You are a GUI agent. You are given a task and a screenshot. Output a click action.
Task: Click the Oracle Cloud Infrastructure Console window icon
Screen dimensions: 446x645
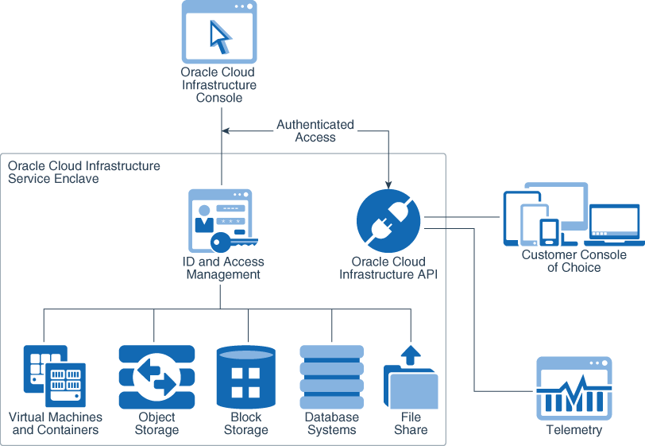coord(218,32)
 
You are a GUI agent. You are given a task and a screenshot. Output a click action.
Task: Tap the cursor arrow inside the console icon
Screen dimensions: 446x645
coord(219,37)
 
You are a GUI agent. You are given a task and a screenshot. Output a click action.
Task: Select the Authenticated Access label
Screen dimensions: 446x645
coord(315,131)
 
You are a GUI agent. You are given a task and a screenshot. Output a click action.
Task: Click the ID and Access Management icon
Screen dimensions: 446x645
coord(221,221)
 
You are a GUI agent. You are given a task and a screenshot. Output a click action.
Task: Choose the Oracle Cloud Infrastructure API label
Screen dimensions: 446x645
coord(388,268)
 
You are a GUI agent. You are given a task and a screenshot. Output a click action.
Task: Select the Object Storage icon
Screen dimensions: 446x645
coord(156,377)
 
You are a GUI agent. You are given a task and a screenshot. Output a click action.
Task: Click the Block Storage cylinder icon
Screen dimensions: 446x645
coord(245,377)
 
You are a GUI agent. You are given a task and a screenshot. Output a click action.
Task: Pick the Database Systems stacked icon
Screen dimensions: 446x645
coord(331,377)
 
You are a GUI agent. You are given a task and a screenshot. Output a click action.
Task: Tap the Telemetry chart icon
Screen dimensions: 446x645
coord(574,388)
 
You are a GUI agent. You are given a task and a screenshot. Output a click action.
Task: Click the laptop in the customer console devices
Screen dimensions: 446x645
coord(614,226)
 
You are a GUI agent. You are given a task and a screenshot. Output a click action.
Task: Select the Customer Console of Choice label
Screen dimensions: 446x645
coord(574,262)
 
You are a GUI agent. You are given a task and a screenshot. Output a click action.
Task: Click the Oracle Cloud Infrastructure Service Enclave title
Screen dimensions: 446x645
coord(83,173)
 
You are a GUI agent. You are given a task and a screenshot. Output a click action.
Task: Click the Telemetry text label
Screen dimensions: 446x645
coord(574,430)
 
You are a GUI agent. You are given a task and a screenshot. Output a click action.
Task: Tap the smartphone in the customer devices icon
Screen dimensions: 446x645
coord(549,231)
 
